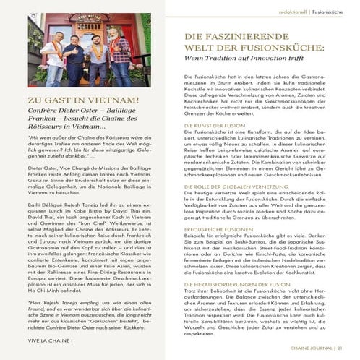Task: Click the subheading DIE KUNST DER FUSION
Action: tap(214, 124)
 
